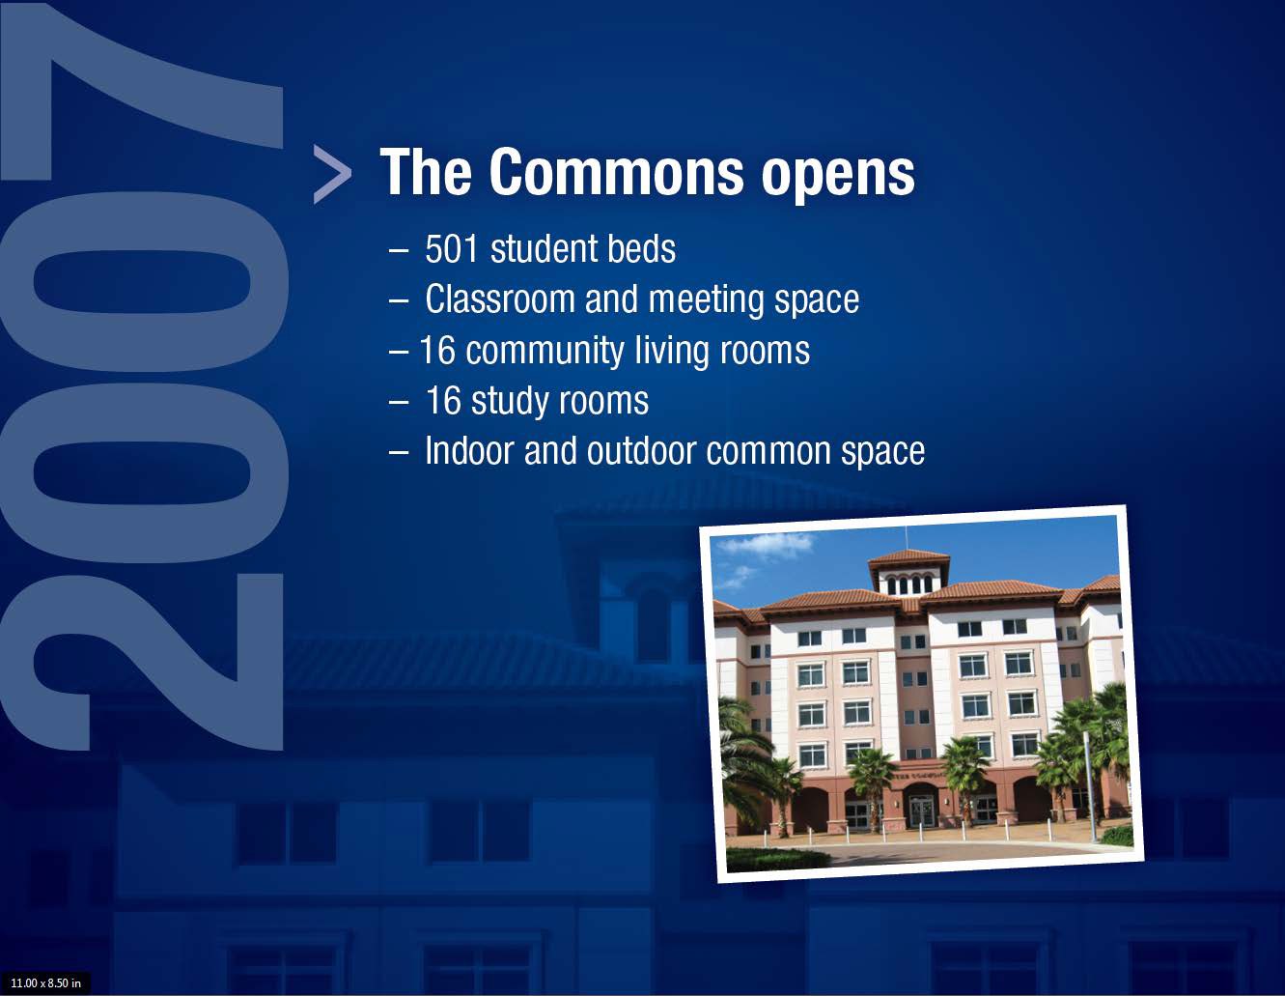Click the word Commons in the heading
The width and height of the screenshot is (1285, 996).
click(616, 172)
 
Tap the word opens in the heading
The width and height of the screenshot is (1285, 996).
click(837, 178)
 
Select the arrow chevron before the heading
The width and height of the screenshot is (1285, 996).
click(332, 174)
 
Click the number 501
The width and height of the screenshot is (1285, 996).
click(451, 248)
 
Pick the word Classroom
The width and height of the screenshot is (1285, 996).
click(500, 299)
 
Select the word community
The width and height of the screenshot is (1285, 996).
click(545, 352)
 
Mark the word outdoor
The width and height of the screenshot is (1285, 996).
click(641, 451)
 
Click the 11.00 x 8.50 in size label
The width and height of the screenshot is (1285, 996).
click(45, 983)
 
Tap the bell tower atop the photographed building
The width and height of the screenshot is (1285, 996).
click(908, 572)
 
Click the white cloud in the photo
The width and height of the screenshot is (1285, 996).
click(766, 544)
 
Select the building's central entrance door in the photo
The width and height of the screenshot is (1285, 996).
click(921, 811)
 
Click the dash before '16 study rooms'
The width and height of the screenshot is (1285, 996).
click(399, 402)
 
